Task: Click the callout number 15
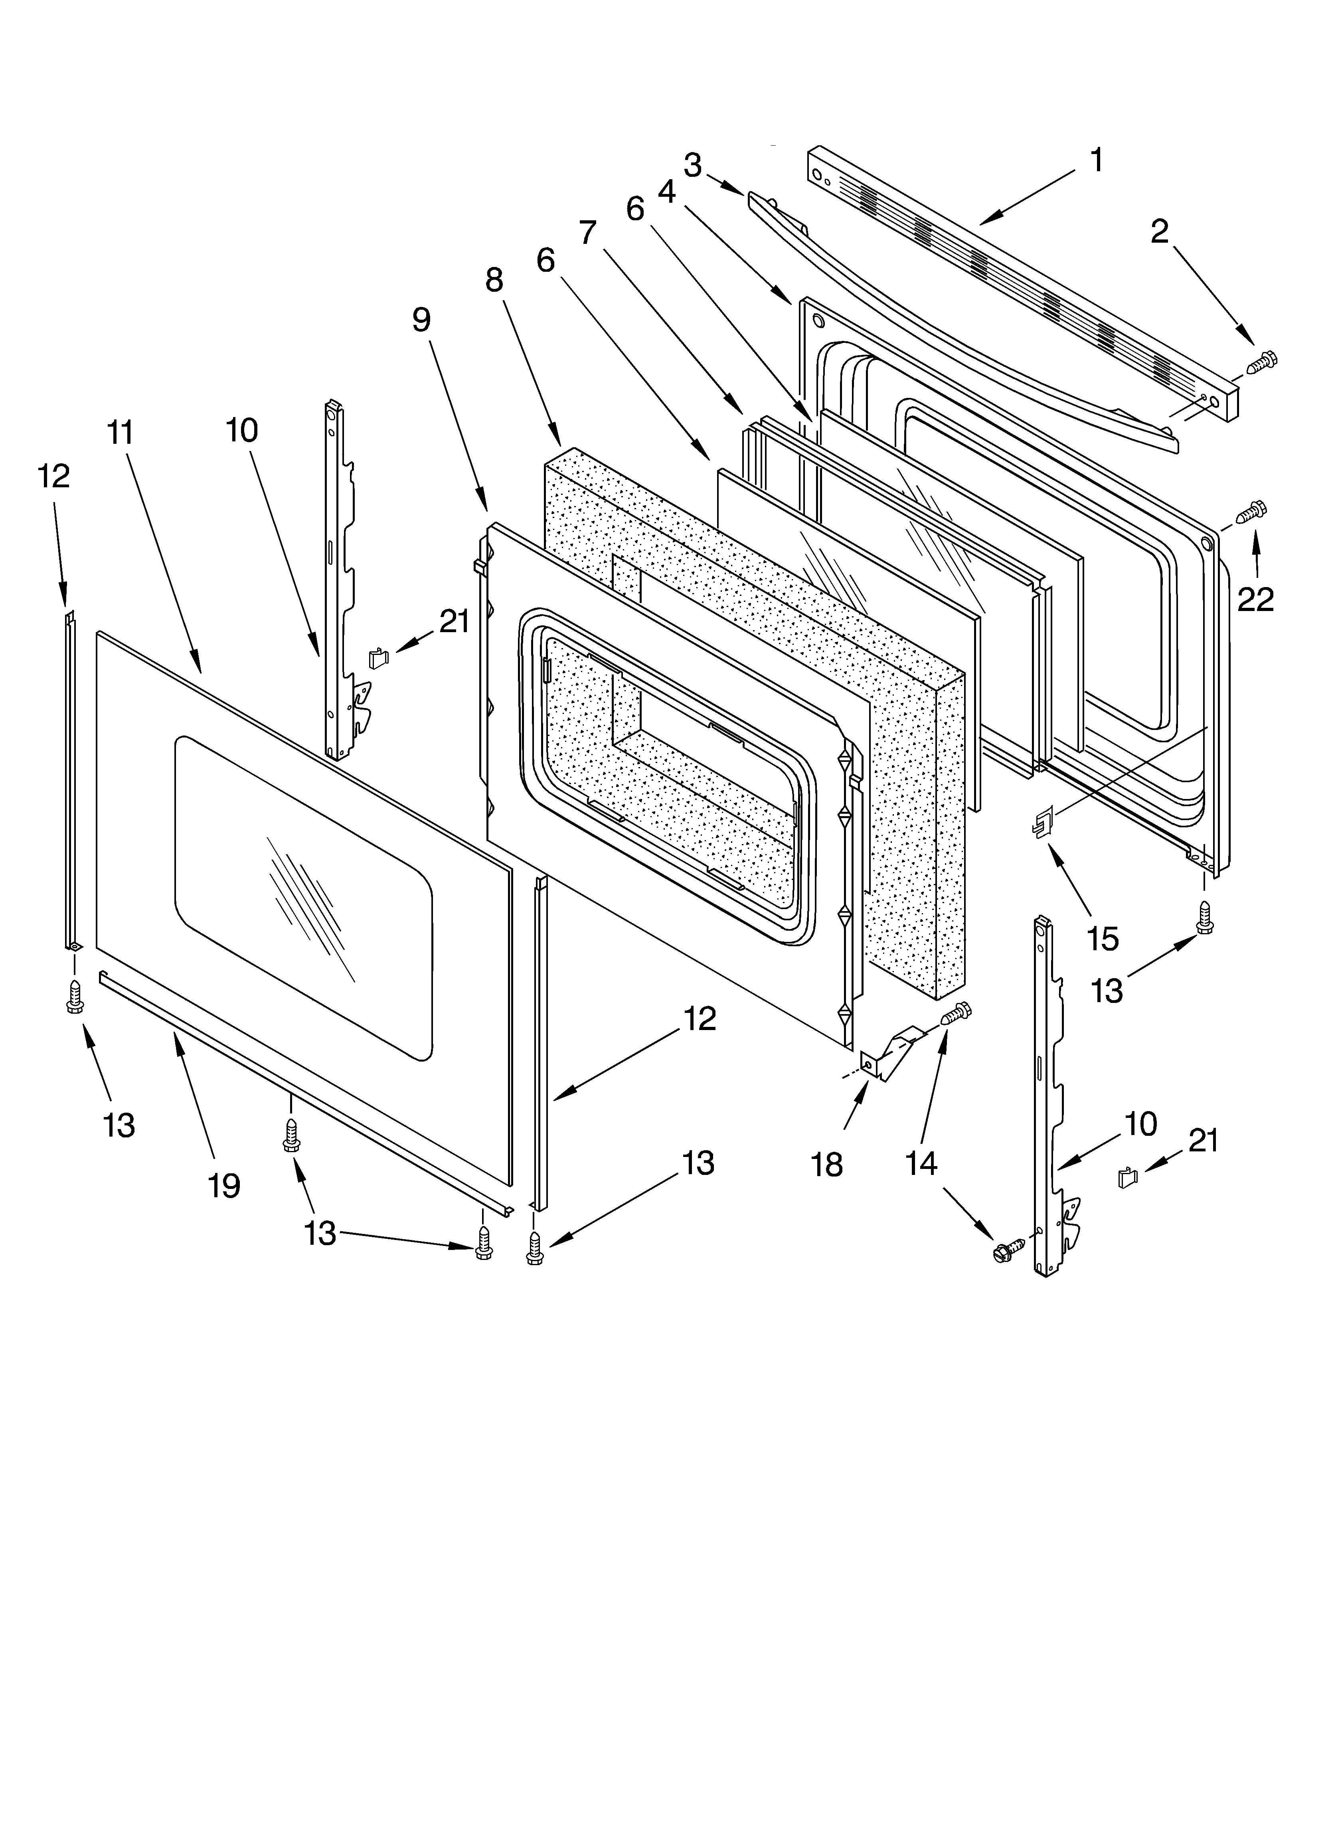click(x=1103, y=938)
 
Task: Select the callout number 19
click(x=224, y=1185)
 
